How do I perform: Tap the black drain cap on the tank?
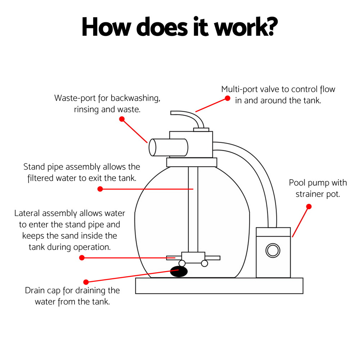[179, 271]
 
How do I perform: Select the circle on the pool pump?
[272, 250]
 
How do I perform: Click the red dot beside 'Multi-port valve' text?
[227, 98]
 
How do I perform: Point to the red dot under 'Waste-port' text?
[122, 118]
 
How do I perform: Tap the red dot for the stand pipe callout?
[100, 189]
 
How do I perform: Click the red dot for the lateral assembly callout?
[82, 257]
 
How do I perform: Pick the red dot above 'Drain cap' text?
[86, 282]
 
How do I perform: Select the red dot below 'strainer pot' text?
[309, 207]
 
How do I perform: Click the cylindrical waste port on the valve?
[168, 147]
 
